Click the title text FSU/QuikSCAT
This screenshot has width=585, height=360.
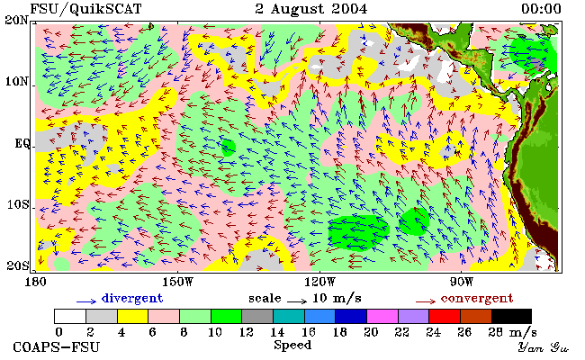[x=85, y=9]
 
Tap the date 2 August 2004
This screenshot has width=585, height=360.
[x=311, y=9]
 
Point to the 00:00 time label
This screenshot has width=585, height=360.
[x=541, y=9]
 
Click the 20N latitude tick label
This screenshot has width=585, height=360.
[x=16, y=20]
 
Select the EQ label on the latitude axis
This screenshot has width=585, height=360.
[x=22, y=143]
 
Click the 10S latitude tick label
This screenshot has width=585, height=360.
[x=17, y=204]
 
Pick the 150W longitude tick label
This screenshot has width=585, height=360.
[x=178, y=282]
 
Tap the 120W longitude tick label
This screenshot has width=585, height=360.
[x=319, y=282]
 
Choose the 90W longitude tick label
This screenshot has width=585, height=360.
[x=461, y=282]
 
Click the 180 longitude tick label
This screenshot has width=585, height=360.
[x=35, y=282]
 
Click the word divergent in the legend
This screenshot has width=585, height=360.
[x=132, y=299]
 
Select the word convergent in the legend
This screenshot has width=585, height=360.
[x=477, y=299]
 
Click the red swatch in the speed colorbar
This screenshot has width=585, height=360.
[x=445, y=316]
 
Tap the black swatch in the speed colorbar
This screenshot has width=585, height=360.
[x=511, y=316]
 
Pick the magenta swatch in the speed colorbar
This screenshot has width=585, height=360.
[x=382, y=316]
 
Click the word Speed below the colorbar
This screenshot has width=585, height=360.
[x=292, y=345]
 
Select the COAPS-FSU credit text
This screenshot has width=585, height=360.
[x=57, y=347]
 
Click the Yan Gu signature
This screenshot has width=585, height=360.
[x=544, y=347]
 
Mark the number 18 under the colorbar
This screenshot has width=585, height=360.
[x=339, y=332]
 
